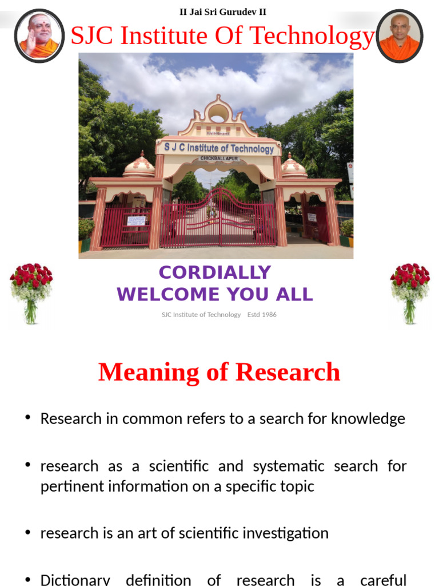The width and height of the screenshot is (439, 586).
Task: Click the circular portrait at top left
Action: point(39,35)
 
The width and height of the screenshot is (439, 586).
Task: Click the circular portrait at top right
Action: point(400,35)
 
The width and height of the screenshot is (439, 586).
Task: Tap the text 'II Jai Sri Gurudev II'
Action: point(223,11)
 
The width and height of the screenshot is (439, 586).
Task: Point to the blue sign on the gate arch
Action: point(219,148)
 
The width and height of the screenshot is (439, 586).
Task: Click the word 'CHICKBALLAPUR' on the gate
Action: point(219,158)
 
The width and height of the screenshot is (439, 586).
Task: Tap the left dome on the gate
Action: point(139,167)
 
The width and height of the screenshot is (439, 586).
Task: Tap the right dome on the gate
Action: point(294,167)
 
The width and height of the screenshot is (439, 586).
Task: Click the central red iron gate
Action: point(219,220)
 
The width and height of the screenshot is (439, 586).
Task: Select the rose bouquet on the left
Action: point(31,292)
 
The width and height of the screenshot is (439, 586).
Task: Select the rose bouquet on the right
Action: point(410,292)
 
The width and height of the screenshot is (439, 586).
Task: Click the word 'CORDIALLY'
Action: point(215,272)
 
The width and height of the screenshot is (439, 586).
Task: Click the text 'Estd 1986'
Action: point(262,315)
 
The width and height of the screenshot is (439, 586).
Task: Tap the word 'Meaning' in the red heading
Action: point(148,372)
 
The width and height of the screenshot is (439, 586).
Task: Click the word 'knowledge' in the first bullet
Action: point(370,418)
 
